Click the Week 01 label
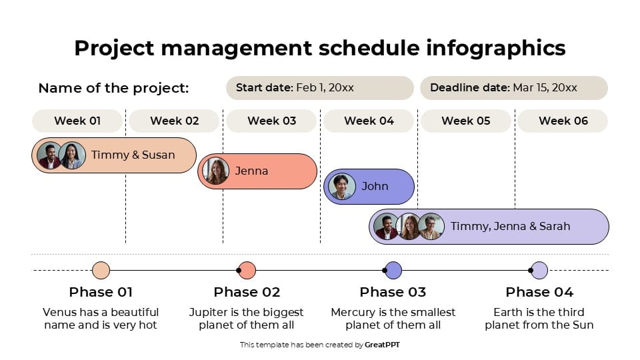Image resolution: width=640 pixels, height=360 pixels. point(77,121)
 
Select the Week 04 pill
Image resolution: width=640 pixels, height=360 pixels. point(369,121)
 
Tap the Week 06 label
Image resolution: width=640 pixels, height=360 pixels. point(563,121)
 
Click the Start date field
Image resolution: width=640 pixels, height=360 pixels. point(320,88)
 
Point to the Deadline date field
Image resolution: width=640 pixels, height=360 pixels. point(513,88)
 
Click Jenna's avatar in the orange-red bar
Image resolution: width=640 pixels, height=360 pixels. point(216,171)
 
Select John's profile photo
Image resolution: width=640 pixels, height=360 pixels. point(341,187)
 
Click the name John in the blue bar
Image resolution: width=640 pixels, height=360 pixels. point(375,187)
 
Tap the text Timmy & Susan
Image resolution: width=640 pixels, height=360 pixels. point(133,155)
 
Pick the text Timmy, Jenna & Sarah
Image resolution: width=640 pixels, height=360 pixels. point(510,226)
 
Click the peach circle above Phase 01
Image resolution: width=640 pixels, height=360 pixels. point(101,270)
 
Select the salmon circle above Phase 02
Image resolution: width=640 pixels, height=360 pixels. point(247,270)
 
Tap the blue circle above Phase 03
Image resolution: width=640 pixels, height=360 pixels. point(393,270)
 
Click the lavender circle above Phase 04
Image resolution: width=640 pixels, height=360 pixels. point(539,270)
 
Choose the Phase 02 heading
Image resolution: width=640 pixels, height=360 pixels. point(247,292)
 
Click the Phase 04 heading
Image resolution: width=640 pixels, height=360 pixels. point(539,292)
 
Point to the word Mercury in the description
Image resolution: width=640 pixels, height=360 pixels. point(353,312)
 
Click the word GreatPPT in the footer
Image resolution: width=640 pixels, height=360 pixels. point(383,345)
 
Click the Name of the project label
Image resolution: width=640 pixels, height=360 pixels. point(113,88)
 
